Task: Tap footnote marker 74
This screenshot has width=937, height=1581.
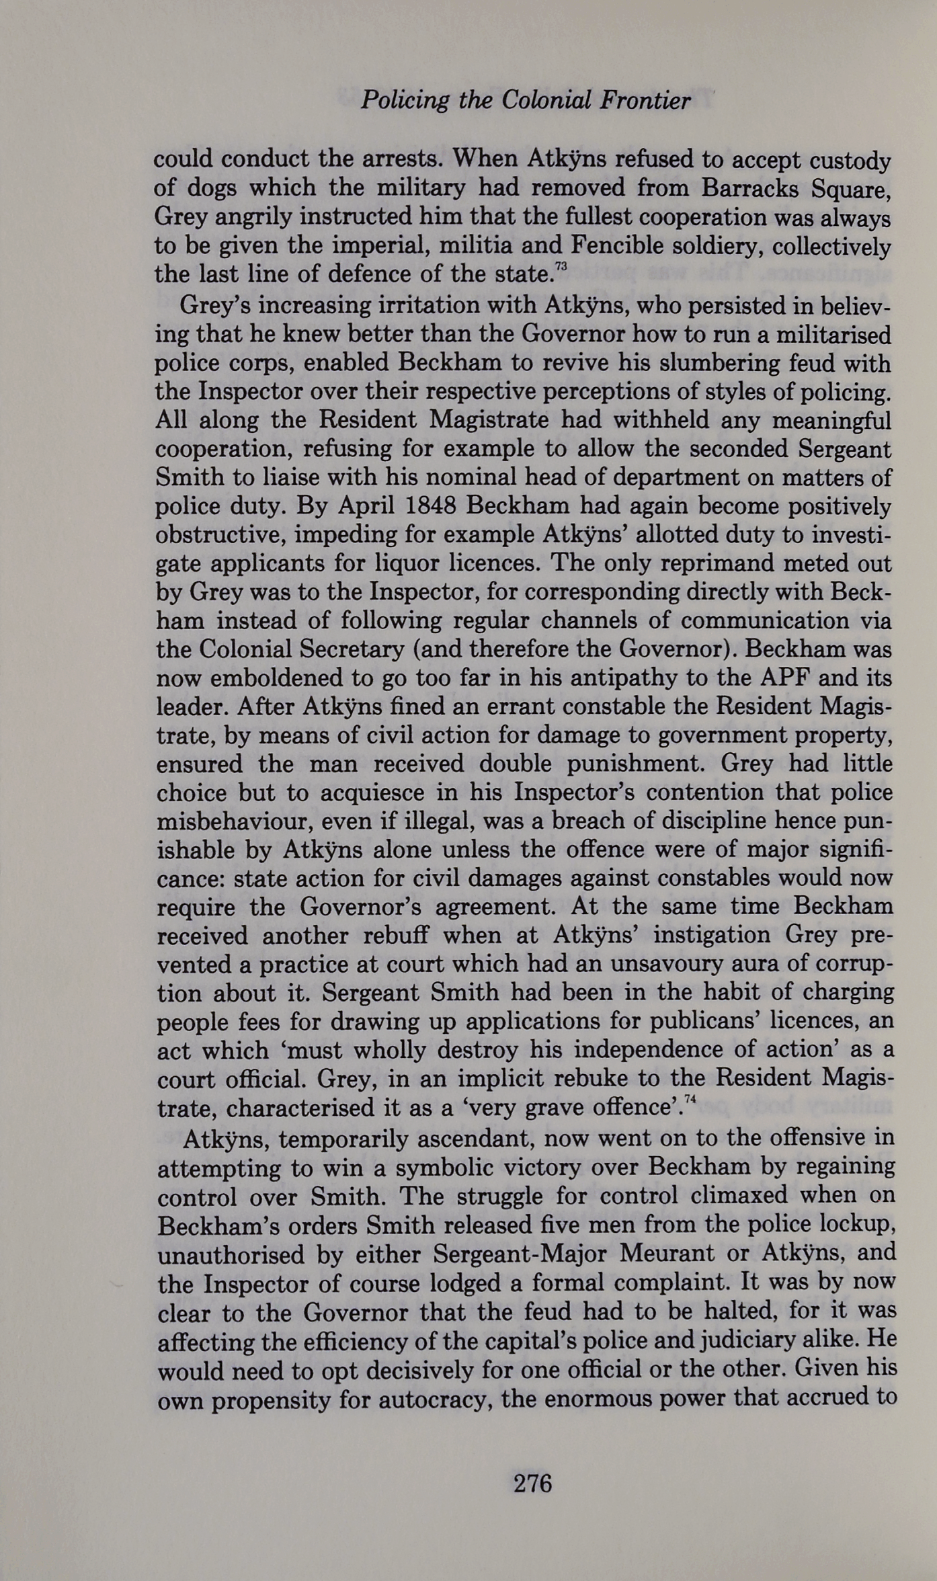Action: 689,1100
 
